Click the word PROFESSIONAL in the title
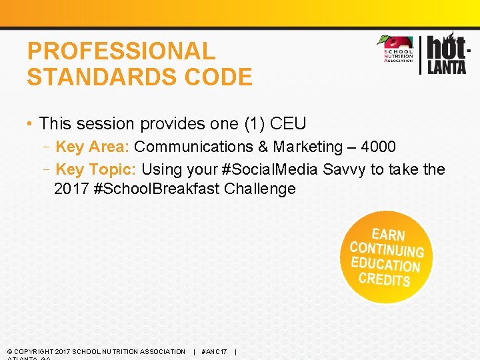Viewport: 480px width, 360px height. (121, 51)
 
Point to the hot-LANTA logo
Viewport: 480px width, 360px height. (446, 53)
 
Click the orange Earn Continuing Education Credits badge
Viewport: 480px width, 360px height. (386, 257)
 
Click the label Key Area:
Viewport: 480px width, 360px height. (93, 147)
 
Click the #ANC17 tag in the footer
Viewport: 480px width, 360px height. (214, 351)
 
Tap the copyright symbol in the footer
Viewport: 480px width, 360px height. (9, 351)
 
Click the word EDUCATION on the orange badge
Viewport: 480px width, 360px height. (386, 265)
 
